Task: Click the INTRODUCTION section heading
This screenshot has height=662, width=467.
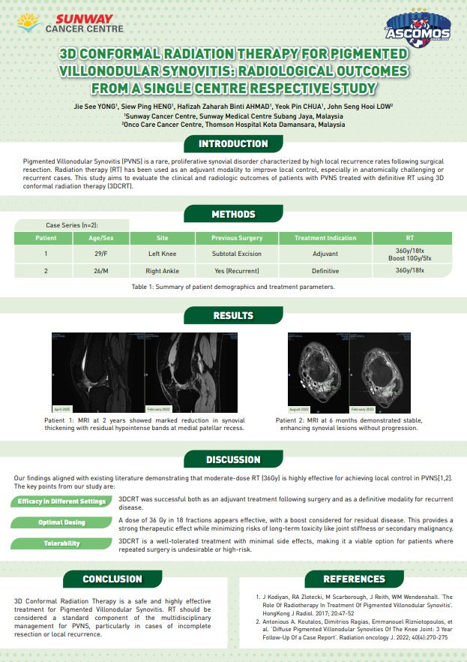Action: pyautogui.click(x=233, y=143)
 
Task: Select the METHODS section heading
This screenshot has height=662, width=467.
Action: pyautogui.click(x=233, y=215)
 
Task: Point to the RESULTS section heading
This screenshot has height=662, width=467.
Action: pyautogui.click(x=233, y=316)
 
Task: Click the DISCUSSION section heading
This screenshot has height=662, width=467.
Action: pyautogui.click(x=233, y=459)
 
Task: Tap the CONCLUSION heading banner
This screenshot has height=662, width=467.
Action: pyautogui.click(x=112, y=579)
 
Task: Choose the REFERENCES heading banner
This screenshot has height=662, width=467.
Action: pyautogui.click(x=354, y=579)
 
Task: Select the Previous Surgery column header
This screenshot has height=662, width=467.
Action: pyautogui.click(x=237, y=238)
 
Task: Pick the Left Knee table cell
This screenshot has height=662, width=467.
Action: pyautogui.click(x=163, y=254)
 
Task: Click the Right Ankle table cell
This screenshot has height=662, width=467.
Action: pyautogui.click(x=163, y=271)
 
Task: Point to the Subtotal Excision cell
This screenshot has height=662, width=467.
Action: pyautogui.click(x=237, y=254)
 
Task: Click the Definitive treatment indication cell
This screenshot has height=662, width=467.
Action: pyautogui.click(x=325, y=271)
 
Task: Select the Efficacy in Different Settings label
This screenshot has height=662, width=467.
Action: pyautogui.click(x=61, y=501)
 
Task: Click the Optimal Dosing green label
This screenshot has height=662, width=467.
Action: pyautogui.click(x=61, y=522)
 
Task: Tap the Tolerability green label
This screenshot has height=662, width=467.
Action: pyautogui.click(x=61, y=543)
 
